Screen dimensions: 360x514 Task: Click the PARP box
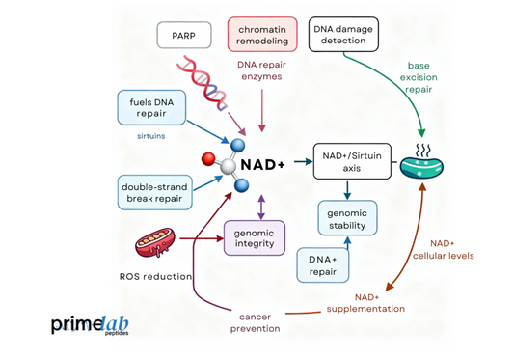[184, 36]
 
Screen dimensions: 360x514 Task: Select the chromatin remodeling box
[262, 34]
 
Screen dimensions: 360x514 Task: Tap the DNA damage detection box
[344, 34]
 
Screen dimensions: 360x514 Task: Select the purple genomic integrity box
[255, 237]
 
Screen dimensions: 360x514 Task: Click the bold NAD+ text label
[262, 165]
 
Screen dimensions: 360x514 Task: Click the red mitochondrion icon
[154, 245]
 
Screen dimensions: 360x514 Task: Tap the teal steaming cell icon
[423, 164]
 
